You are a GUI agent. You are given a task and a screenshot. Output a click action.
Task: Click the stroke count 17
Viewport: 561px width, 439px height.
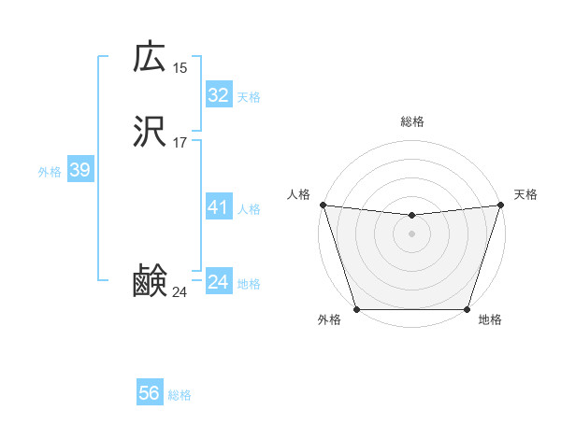coord(180,143)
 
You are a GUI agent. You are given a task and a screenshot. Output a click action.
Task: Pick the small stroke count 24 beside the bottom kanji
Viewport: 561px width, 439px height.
coord(180,293)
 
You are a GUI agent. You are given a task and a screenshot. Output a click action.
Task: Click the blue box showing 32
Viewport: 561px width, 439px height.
coord(218,95)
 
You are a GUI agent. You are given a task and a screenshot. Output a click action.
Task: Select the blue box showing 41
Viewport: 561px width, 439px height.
coord(218,207)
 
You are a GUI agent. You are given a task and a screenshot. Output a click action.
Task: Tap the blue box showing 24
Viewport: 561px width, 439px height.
coord(218,282)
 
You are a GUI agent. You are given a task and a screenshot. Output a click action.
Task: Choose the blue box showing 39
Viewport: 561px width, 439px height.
coord(79,170)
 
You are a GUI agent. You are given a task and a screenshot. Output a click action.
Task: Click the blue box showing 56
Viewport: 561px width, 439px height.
coord(150,393)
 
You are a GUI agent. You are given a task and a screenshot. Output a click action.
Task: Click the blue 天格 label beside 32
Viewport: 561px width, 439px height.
coord(249,97)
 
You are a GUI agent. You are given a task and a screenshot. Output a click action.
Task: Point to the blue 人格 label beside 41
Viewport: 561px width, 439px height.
coord(249,209)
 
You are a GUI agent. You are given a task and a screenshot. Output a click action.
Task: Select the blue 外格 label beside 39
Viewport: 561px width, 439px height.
coord(50,172)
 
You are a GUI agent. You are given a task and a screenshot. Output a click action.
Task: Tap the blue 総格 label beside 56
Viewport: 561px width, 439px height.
coord(180,395)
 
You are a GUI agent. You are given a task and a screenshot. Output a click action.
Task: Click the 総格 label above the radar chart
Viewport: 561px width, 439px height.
coord(411,121)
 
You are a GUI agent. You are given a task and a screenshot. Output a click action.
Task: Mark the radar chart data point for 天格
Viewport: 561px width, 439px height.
coord(501,205)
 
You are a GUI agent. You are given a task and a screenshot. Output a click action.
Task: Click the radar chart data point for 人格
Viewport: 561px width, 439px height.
coord(323,205)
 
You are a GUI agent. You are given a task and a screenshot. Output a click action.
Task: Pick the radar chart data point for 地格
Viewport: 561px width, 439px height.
coord(467,309)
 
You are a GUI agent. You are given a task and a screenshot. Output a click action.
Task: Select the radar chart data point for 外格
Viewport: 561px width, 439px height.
coord(356,309)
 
